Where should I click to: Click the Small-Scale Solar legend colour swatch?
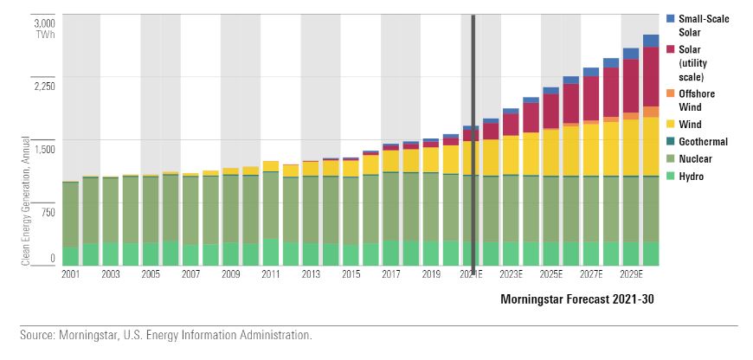tap(671, 18)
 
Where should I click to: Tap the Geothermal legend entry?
tap(704, 142)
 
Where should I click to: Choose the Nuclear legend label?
tap(698, 159)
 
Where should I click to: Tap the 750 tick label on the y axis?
tap(46, 213)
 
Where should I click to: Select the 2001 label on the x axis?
tap(71, 274)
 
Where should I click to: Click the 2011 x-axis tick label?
tap(271, 274)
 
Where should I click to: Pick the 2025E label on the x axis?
tap(551, 274)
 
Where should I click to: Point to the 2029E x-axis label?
tap(632, 274)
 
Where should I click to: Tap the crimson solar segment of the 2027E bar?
tap(591, 98)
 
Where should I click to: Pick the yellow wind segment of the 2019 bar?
tap(431, 159)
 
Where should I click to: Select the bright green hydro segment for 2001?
tap(71, 255)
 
